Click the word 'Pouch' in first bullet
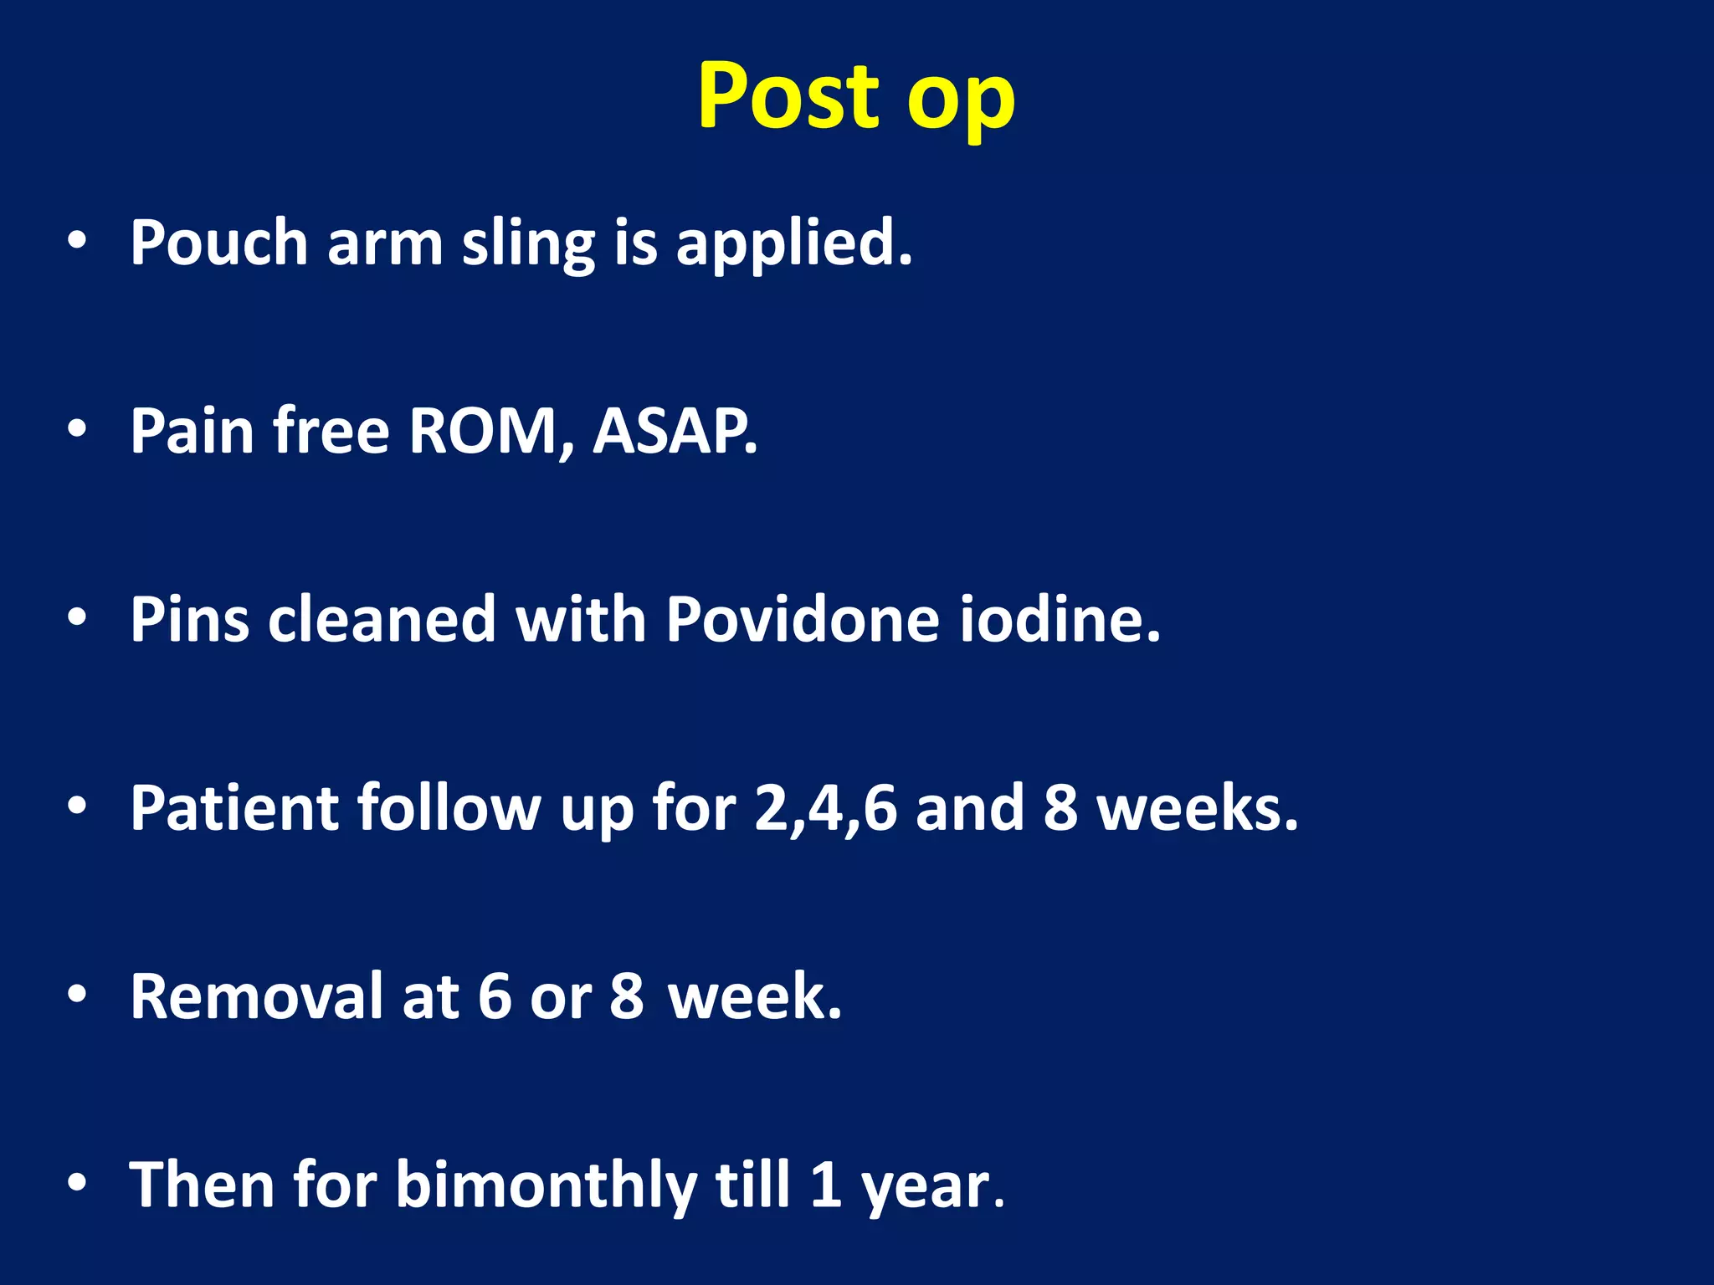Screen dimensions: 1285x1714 [x=219, y=243]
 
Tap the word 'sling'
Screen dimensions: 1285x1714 [x=527, y=243]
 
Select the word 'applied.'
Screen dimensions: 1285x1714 [x=793, y=243]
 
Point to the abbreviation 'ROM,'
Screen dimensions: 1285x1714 [x=491, y=432]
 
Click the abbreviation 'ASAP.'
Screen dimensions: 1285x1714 [x=675, y=432]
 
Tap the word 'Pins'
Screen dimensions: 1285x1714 [x=189, y=620]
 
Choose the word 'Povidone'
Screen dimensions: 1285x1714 [x=802, y=620]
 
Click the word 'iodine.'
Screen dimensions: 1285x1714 [x=1060, y=620]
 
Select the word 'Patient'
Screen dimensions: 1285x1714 [x=234, y=808]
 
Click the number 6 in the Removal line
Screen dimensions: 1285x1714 [x=495, y=997]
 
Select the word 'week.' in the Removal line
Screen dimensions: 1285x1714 [x=754, y=997]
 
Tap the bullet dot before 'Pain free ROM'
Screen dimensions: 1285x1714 [x=77, y=429]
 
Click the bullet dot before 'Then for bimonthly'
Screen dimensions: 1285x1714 [x=77, y=1183]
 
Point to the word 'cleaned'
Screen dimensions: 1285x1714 [x=382, y=620]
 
